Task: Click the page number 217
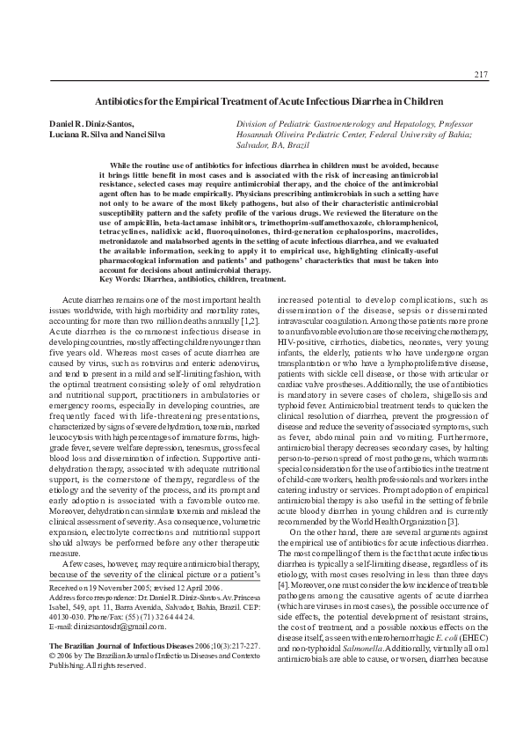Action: pyautogui.click(x=480, y=72)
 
